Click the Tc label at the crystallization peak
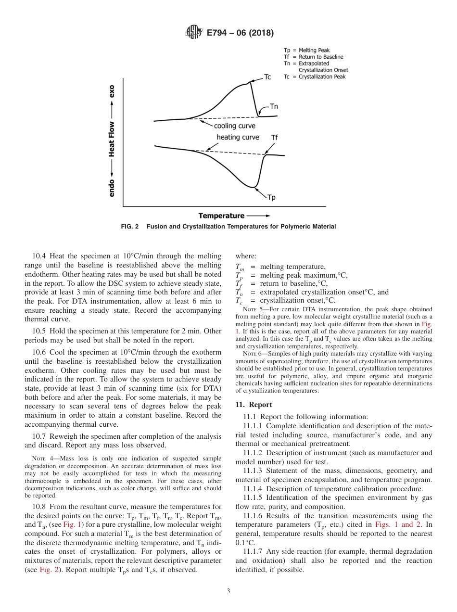tap(268, 77)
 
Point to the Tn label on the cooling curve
tap(273, 107)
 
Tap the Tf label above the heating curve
tap(274, 138)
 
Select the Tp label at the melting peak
tap(271, 197)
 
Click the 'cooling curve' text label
tap(234, 126)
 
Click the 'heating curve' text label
tap(238, 138)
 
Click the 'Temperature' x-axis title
tap(222, 217)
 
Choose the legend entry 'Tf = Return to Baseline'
tap(313, 57)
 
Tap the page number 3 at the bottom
tap(228, 591)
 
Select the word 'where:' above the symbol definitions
tap(246, 256)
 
